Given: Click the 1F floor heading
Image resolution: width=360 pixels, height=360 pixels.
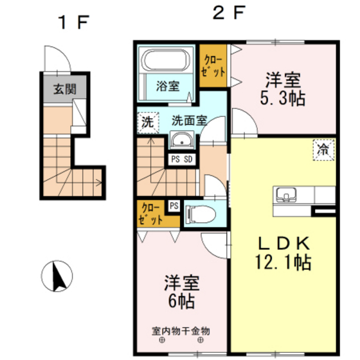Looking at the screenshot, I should [x=72, y=23].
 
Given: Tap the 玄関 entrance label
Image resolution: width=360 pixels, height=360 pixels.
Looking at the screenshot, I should [x=64, y=89].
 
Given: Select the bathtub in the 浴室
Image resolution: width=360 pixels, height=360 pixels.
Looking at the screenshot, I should [x=166, y=60].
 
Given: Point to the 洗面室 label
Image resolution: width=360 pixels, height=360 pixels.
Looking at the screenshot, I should [x=188, y=120].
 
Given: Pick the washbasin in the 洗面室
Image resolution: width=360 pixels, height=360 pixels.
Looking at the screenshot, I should [x=183, y=139].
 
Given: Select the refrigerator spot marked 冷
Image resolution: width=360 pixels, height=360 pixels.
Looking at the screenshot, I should [x=323, y=149].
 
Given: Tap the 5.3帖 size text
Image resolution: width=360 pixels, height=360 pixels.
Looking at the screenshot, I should [x=283, y=98].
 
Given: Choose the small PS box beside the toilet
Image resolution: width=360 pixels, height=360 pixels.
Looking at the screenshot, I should [x=174, y=206].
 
